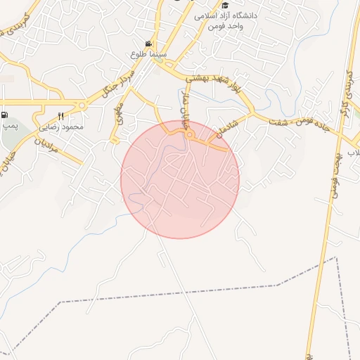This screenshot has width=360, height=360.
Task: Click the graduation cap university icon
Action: (x=224, y=5)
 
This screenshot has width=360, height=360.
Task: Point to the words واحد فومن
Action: (x=224, y=26)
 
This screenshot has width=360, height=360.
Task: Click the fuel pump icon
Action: (x=6, y=115)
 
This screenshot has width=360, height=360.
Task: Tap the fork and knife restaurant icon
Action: (x=61, y=116)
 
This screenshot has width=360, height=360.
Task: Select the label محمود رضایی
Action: (x=62, y=127)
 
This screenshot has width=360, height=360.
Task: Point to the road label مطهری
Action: (x=118, y=115)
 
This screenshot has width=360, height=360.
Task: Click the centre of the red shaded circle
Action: (x=180, y=179)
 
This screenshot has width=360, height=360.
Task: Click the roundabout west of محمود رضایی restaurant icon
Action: (x=82, y=105)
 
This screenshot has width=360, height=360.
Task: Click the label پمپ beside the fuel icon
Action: (x=8, y=126)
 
